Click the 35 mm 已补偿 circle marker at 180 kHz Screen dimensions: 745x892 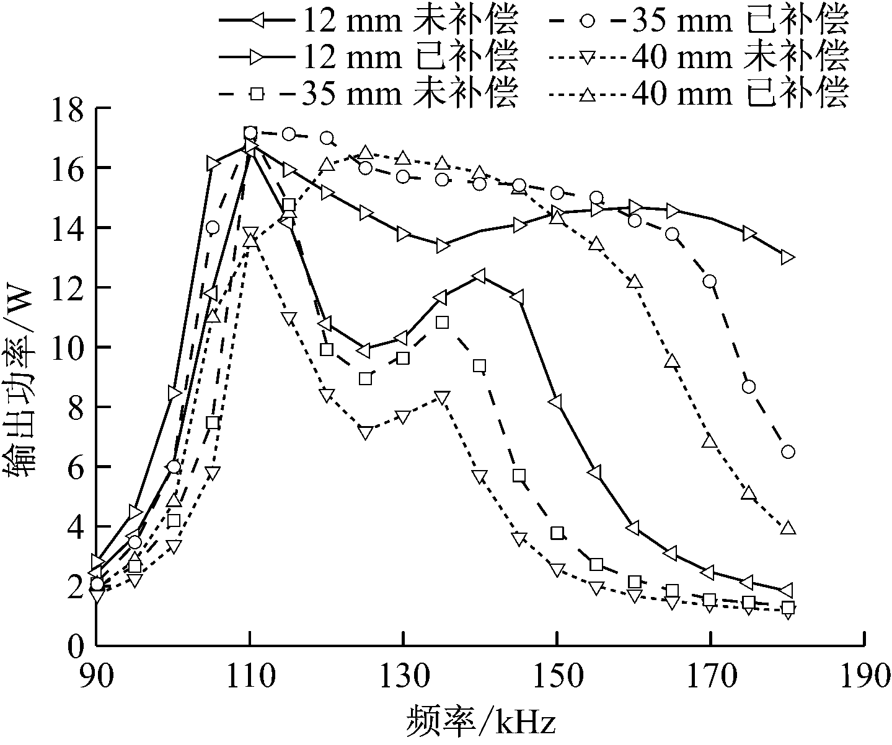point(788,452)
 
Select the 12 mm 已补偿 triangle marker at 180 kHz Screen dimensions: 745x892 point(788,257)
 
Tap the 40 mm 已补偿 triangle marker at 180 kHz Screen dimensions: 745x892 point(788,528)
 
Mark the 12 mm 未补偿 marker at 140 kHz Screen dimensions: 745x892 point(480,276)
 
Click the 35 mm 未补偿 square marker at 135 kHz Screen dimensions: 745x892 point(442,322)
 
